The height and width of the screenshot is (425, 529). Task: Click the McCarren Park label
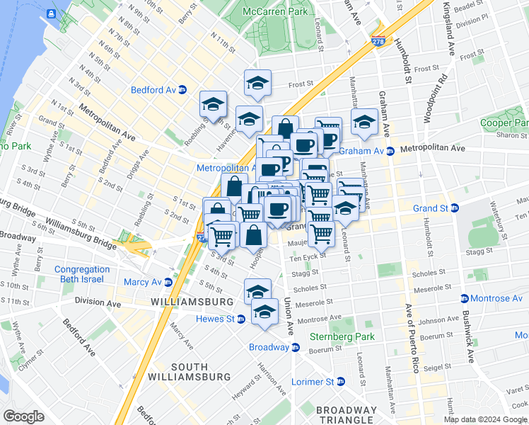274,12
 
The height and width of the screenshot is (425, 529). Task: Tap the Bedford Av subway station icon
182,90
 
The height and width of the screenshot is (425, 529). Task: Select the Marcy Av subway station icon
168,282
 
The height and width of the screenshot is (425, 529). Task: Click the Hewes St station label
215,319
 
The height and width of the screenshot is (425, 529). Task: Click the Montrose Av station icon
465,298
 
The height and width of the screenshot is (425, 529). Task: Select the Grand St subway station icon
455,208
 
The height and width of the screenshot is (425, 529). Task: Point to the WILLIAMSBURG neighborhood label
192,302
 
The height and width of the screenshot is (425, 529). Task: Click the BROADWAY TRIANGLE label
347,415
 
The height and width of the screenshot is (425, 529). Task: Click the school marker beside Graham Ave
364,122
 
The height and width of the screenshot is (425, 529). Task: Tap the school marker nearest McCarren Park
258,82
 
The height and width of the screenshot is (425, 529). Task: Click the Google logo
23,416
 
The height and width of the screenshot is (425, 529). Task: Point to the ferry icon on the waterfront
52,13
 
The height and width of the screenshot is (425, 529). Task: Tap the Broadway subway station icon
296,347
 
